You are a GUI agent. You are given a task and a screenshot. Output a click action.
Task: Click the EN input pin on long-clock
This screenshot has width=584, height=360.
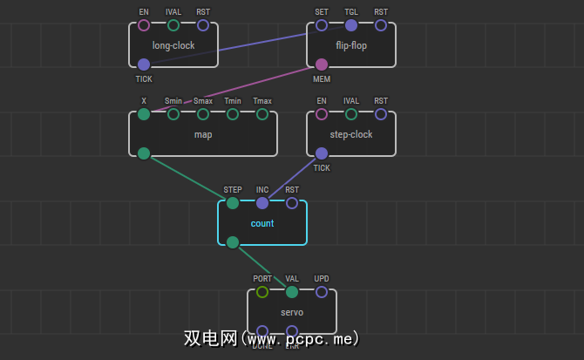144,25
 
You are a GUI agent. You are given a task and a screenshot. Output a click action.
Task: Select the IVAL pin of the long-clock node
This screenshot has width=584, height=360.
173,25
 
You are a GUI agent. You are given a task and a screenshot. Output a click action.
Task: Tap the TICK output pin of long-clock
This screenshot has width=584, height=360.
144,64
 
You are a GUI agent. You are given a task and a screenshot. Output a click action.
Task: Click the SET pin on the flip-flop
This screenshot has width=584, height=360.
322,25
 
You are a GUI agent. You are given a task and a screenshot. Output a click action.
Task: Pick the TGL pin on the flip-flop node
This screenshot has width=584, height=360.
351,25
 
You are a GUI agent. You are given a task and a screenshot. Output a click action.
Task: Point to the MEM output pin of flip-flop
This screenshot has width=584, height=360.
322,64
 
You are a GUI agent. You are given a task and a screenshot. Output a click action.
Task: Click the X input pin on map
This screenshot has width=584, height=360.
144,114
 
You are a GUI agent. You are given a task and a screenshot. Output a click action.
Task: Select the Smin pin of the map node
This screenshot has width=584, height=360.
173,114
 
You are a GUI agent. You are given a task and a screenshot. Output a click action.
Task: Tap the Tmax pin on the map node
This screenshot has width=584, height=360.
262,114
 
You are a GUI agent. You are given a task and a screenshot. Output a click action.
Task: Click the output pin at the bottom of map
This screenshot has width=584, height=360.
144,153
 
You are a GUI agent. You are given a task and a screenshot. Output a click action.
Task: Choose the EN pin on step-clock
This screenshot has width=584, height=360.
322,114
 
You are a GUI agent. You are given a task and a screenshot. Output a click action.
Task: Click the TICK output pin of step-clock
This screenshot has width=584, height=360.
322,153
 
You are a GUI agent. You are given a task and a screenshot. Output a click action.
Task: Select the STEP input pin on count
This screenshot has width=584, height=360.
233,203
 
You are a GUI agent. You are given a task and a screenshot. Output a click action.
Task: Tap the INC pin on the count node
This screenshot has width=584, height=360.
262,203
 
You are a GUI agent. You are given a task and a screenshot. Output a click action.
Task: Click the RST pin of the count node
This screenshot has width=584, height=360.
292,203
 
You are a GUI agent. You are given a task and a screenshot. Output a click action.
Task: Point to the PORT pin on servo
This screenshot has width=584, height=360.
262,292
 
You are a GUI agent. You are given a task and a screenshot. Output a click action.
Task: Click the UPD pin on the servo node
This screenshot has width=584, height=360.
322,292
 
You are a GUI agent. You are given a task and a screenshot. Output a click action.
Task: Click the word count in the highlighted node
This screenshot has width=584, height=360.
262,223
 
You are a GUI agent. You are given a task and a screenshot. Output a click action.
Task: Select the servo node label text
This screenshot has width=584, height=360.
292,312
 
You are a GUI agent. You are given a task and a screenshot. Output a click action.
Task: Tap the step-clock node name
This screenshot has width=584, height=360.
351,134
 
